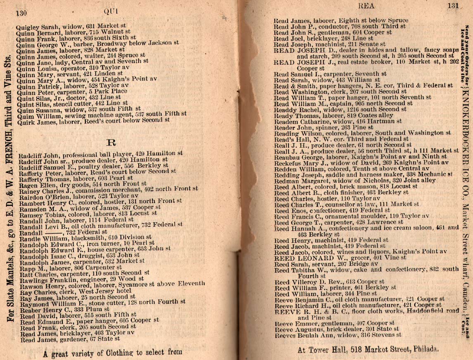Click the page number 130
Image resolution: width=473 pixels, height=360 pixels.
[x=21, y=12]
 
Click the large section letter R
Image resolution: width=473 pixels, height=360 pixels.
[x=110, y=143]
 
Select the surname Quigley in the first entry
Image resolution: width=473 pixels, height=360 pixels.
[x=26, y=29]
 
